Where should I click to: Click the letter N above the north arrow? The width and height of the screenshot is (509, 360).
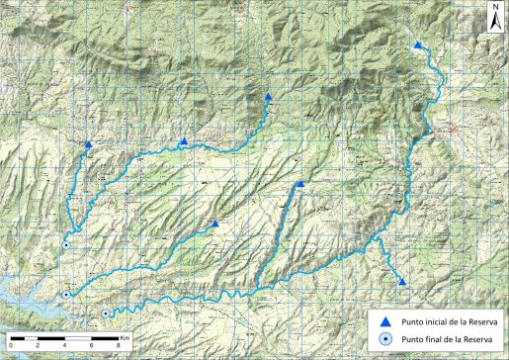click(494, 6)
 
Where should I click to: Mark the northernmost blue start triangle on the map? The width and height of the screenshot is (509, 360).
click(419, 45)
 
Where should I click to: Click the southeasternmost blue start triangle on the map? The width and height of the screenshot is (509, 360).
click(403, 283)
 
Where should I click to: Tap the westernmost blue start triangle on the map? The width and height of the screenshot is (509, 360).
click(88, 144)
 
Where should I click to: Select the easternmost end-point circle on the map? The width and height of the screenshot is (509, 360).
click(106, 314)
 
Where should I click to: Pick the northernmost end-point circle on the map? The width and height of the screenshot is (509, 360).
click(66, 245)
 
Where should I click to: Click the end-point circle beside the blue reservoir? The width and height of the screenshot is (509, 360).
click(66, 295)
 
